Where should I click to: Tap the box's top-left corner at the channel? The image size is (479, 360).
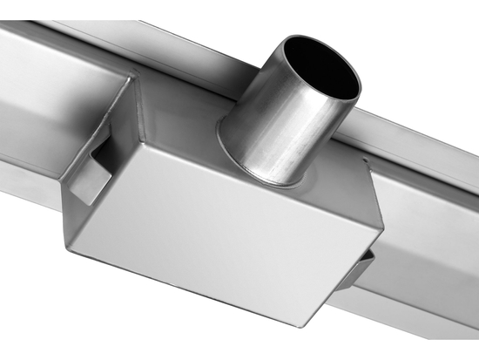[x=131, y=78]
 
